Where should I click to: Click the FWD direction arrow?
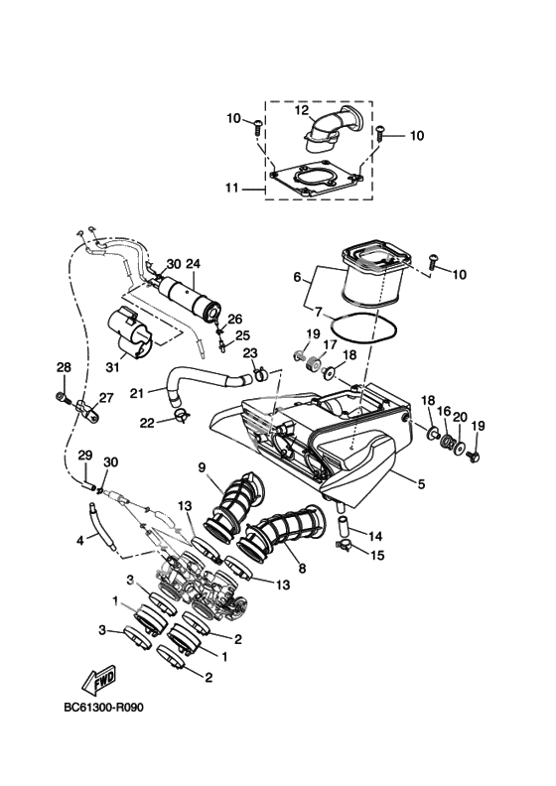pos(98,681)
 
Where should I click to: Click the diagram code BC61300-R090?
pos(104,708)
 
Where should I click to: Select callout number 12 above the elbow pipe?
pos(301,110)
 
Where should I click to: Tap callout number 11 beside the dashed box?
pos(231,188)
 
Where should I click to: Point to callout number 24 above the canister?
pos(193,263)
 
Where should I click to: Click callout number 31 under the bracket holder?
pos(113,368)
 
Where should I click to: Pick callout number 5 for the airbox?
pos(421,483)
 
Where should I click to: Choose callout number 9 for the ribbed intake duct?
pos(202,467)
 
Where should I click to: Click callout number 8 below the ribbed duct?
pos(302,569)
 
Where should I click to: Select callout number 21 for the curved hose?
pos(137,394)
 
